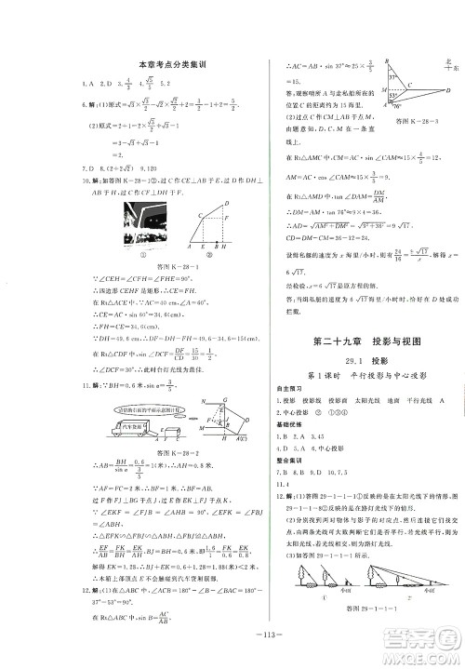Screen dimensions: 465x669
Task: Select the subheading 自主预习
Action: pyautogui.click(x=283, y=385)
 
